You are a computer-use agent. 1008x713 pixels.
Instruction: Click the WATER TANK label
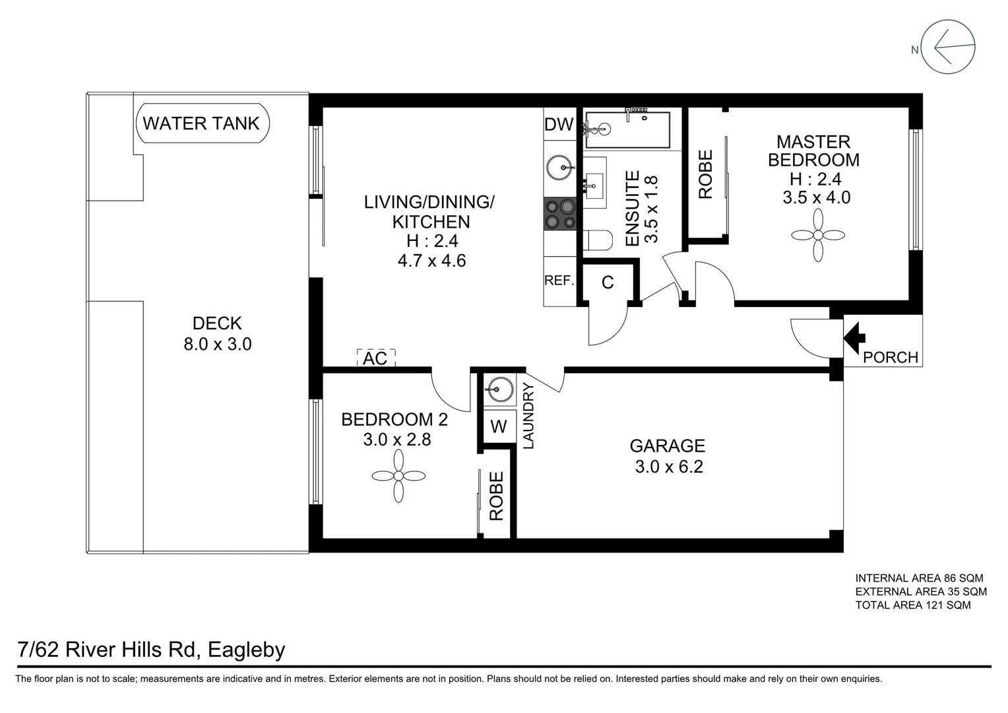tap(201, 123)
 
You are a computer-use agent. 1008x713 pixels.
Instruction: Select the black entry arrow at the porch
tap(854, 336)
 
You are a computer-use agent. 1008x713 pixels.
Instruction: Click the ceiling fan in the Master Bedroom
tap(818, 236)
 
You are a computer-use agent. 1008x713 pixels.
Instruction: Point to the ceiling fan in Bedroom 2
tap(398, 476)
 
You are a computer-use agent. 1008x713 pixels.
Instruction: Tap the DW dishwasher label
tap(559, 124)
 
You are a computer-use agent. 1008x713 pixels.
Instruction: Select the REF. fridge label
tap(559, 281)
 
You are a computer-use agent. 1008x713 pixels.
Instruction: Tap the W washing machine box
tap(499, 427)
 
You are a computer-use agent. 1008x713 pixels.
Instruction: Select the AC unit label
tap(375, 358)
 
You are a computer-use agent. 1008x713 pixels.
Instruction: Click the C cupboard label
tap(608, 283)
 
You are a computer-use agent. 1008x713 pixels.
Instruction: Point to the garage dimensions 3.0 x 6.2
tap(668, 467)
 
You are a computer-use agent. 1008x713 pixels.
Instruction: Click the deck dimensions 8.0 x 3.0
tap(217, 344)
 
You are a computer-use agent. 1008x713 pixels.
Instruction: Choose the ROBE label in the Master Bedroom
tap(705, 174)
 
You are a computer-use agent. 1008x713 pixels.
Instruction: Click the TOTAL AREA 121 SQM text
tap(912, 605)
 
